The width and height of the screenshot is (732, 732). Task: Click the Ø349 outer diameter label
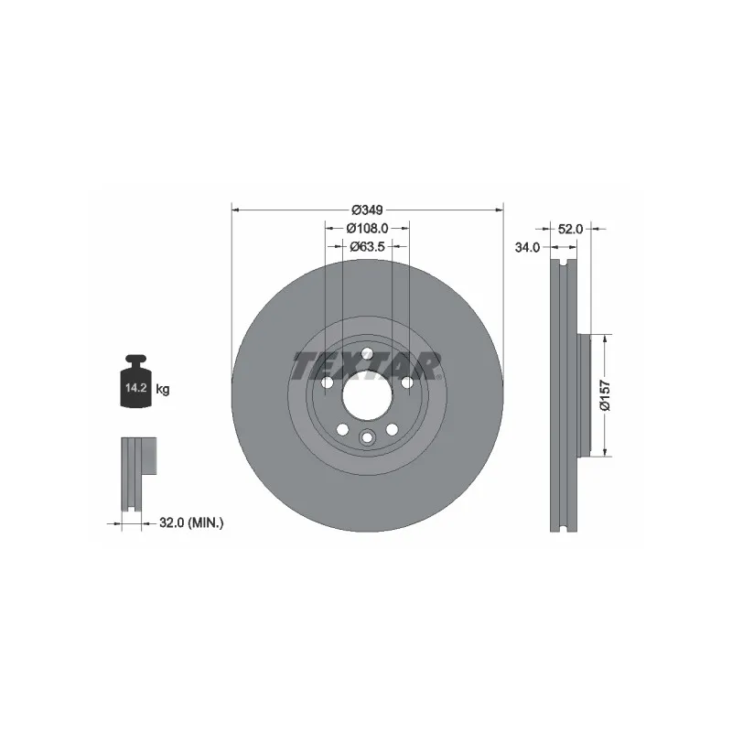pos(367,210)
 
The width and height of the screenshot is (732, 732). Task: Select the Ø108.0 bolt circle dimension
pos(367,228)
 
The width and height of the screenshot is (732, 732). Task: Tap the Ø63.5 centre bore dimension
pos(368,246)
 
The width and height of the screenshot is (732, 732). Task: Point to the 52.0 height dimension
pos(570,229)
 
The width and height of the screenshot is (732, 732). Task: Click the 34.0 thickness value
pos(527,247)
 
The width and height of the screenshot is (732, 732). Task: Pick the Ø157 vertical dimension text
pos(605,395)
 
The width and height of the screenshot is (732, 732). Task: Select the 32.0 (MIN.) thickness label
pos(191,522)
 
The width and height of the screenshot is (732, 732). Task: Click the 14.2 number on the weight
pos(136,387)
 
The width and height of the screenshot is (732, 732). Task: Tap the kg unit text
pos(163,389)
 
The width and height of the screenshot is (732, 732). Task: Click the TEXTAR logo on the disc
pos(367,365)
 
